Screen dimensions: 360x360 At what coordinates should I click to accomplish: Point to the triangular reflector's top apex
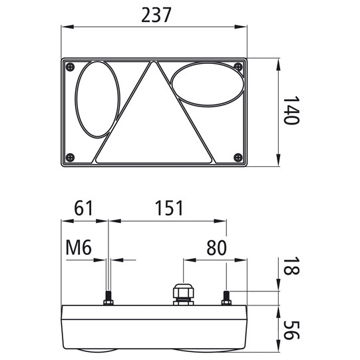[x=154, y=63]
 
